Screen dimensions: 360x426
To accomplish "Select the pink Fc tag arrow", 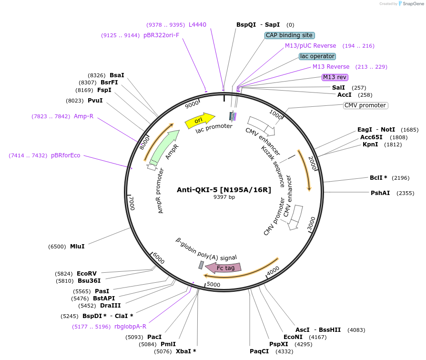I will click(x=226, y=268).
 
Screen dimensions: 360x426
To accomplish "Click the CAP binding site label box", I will click(x=289, y=35).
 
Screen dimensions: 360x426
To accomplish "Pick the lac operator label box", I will click(x=317, y=56).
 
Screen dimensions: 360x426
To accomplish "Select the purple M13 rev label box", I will click(x=335, y=77).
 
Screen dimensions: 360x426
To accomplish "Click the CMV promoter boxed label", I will click(x=365, y=105).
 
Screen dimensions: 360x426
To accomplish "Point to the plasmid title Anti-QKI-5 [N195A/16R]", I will click(x=224, y=190).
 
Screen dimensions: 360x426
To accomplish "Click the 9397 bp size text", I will click(x=224, y=197).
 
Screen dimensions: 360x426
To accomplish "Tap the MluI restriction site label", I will click(x=77, y=247).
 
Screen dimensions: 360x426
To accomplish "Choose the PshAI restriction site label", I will click(x=380, y=193).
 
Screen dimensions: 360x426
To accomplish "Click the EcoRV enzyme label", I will click(x=87, y=274).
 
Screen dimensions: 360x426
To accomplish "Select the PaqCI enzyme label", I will click(x=259, y=351).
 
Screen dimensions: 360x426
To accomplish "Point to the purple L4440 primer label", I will click(x=197, y=25).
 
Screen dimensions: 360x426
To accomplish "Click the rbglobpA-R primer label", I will click(x=131, y=327).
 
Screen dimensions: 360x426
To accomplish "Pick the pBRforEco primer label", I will click(x=66, y=155).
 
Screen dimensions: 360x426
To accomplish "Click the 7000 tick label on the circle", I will click(x=132, y=202).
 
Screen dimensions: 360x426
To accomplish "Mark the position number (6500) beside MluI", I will click(x=57, y=247).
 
